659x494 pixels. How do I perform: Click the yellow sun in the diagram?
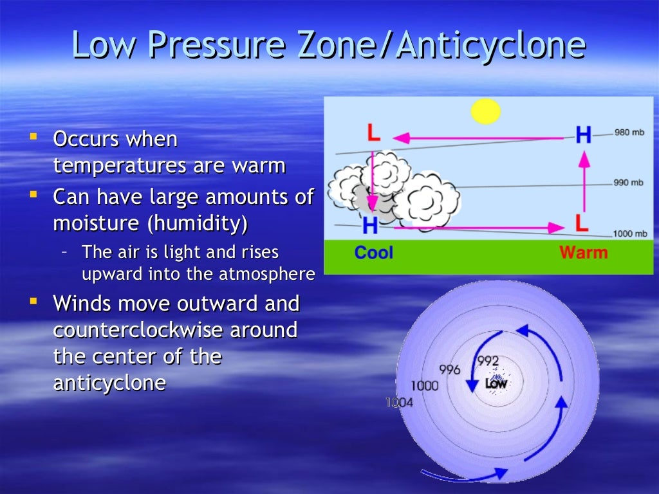(x=485, y=111)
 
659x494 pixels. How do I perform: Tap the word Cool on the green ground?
(x=373, y=252)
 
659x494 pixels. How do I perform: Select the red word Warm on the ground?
(x=583, y=252)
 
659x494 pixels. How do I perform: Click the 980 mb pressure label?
(x=629, y=133)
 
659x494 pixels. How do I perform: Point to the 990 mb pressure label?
(x=628, y=183)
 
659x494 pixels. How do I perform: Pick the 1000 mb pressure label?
(x=630, y=233)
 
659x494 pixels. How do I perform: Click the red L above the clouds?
(x=374, y=133)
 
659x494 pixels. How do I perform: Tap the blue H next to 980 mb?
(x=583, y=134)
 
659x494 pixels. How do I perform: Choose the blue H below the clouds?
(x=370, y=225)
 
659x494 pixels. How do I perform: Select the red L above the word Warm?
(x=582, y=223)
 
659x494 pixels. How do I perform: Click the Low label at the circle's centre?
(x=496, y=383)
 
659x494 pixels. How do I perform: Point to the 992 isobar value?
(x=488, y=361)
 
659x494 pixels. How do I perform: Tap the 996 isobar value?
(x=450, y=370)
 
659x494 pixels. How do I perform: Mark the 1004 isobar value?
(x=400, y=403)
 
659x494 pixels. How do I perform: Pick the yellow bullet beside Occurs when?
(x=33, y=137)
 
